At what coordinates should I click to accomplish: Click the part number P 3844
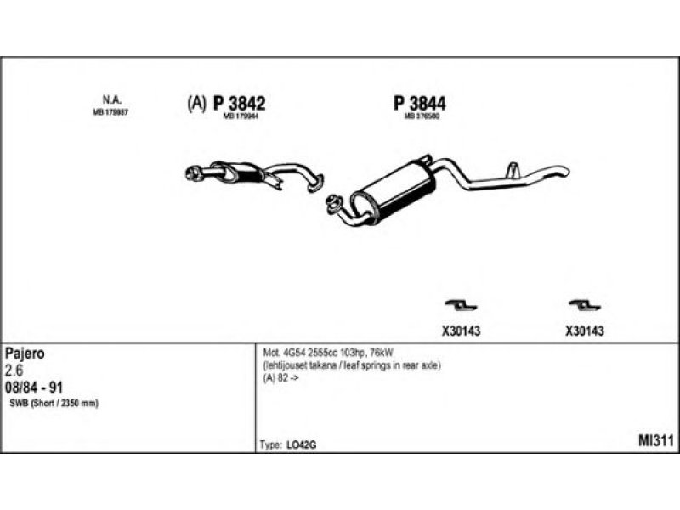[x=420, y=103]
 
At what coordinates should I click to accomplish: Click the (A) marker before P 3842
[x=195, y=104]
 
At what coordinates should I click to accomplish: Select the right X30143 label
[x=585, y=331]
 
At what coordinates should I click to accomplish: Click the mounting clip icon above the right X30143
[x=584, y=304]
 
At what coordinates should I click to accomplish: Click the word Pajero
[x=25, y=352]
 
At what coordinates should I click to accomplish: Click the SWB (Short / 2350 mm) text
[x=54, y=403]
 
